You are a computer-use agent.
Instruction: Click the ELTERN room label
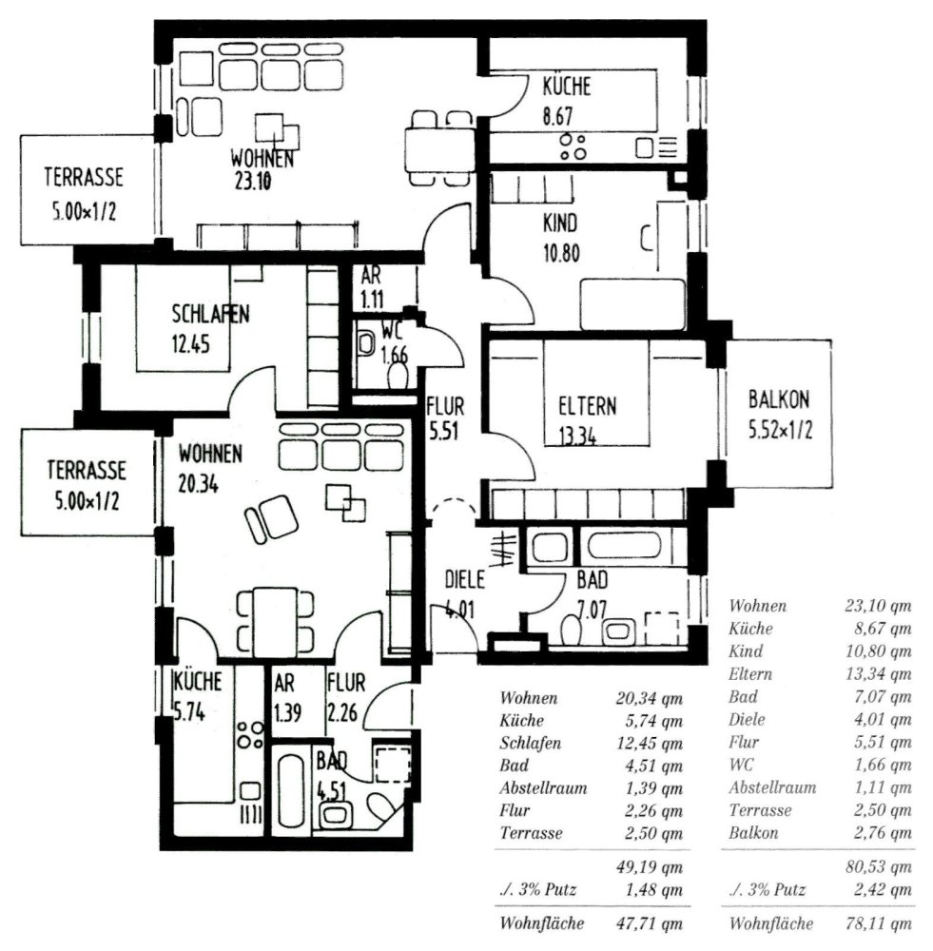coord(586,406)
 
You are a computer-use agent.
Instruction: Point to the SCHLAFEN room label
coord(210,315)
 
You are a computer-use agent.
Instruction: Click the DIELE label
coord(465,579)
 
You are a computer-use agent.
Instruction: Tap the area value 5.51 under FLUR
coord(444,430)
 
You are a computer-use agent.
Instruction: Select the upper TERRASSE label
coord(84,177)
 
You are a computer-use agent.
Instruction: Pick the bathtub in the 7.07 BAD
coord(629,547)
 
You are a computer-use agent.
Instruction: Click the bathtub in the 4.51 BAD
coord(290,784)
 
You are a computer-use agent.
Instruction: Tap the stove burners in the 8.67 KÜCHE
coord(573,146)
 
